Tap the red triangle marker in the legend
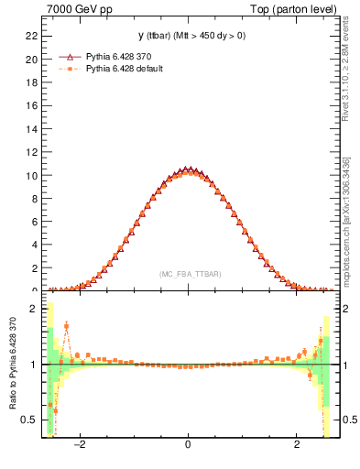[67, 56]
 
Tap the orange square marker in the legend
[67, 69]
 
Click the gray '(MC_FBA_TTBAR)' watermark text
[189, 274]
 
